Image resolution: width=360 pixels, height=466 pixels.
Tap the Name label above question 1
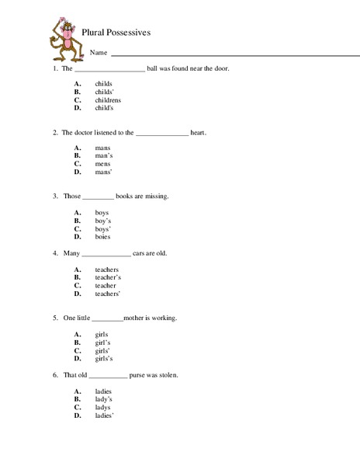98,54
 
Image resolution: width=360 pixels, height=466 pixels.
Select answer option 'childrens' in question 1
108,100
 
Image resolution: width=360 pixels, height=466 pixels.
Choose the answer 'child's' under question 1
104,108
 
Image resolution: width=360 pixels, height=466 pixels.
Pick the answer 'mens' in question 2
102,164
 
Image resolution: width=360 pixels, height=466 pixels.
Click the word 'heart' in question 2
198,132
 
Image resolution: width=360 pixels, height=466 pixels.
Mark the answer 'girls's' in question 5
104,358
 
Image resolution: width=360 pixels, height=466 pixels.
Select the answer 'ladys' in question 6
103,407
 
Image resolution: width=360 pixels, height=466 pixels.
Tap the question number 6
54,375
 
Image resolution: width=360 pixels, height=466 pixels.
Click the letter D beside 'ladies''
78,416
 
